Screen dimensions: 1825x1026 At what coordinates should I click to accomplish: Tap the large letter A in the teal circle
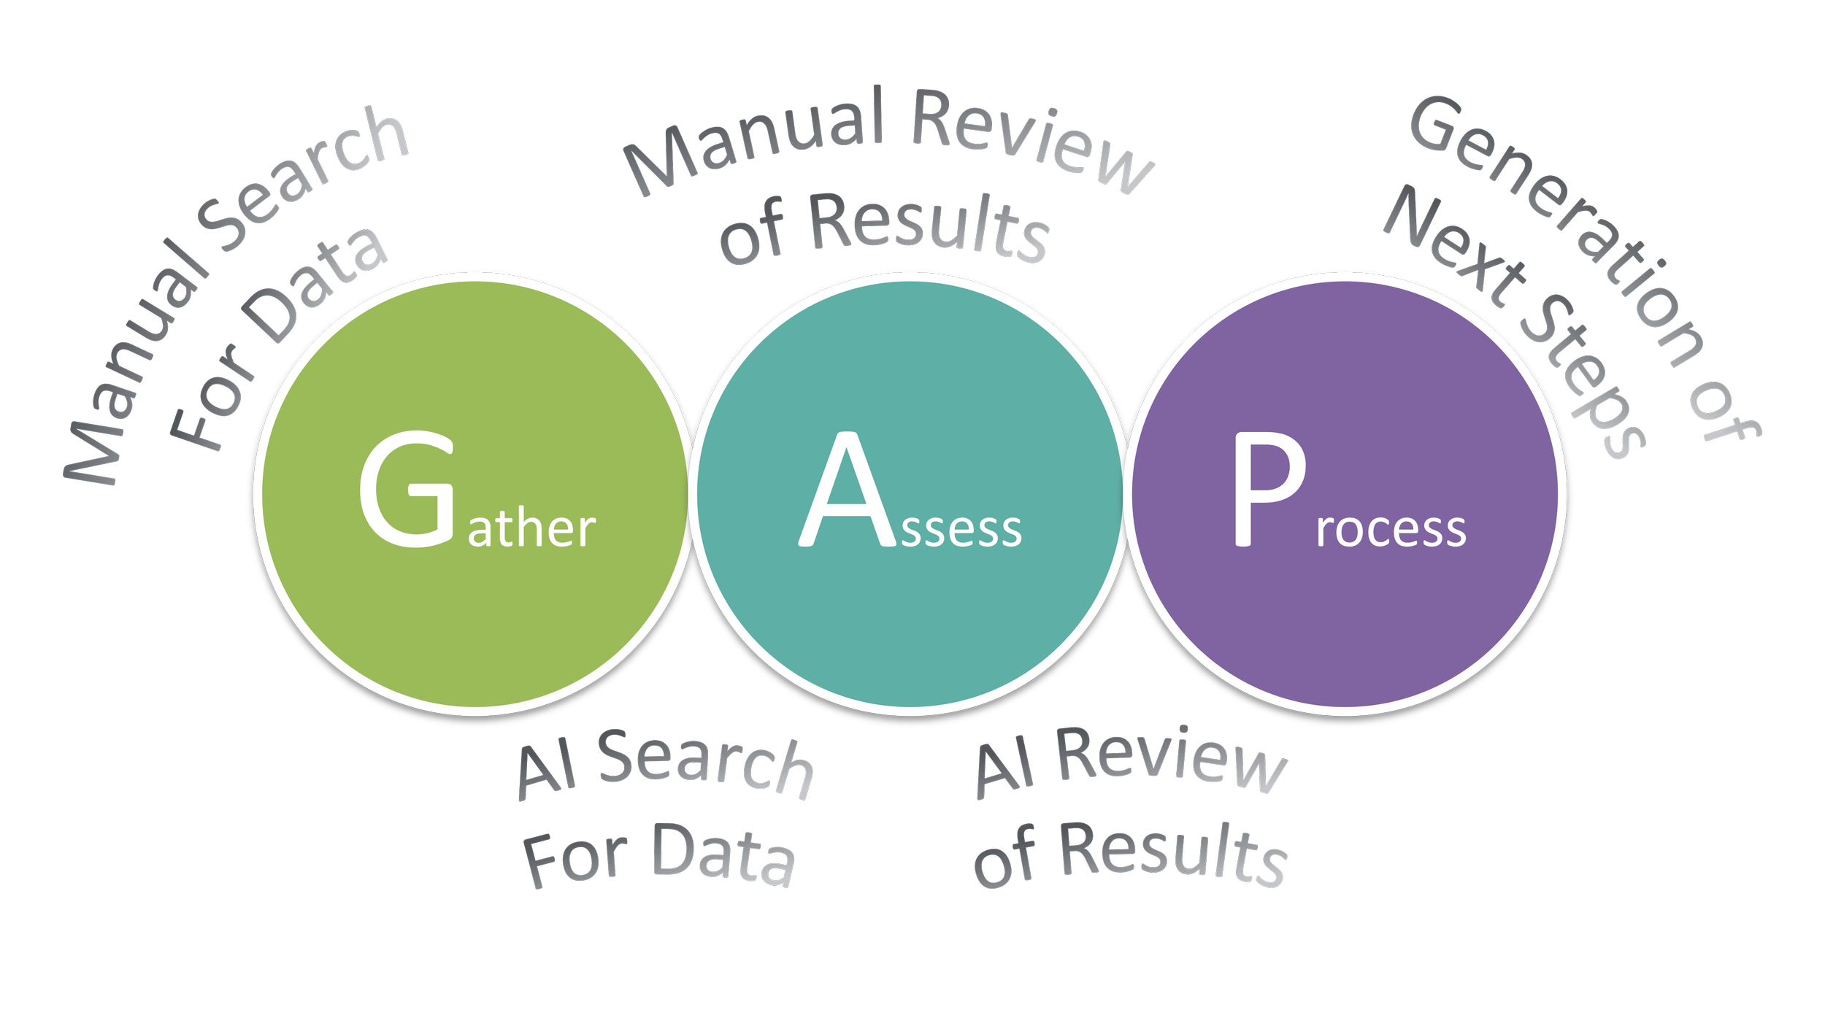click(x=847, y=489)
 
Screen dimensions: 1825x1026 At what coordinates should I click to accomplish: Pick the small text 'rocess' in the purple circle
click(x=1391, y=530)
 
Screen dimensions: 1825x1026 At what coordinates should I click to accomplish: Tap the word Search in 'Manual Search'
click(x=299, y=182)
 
